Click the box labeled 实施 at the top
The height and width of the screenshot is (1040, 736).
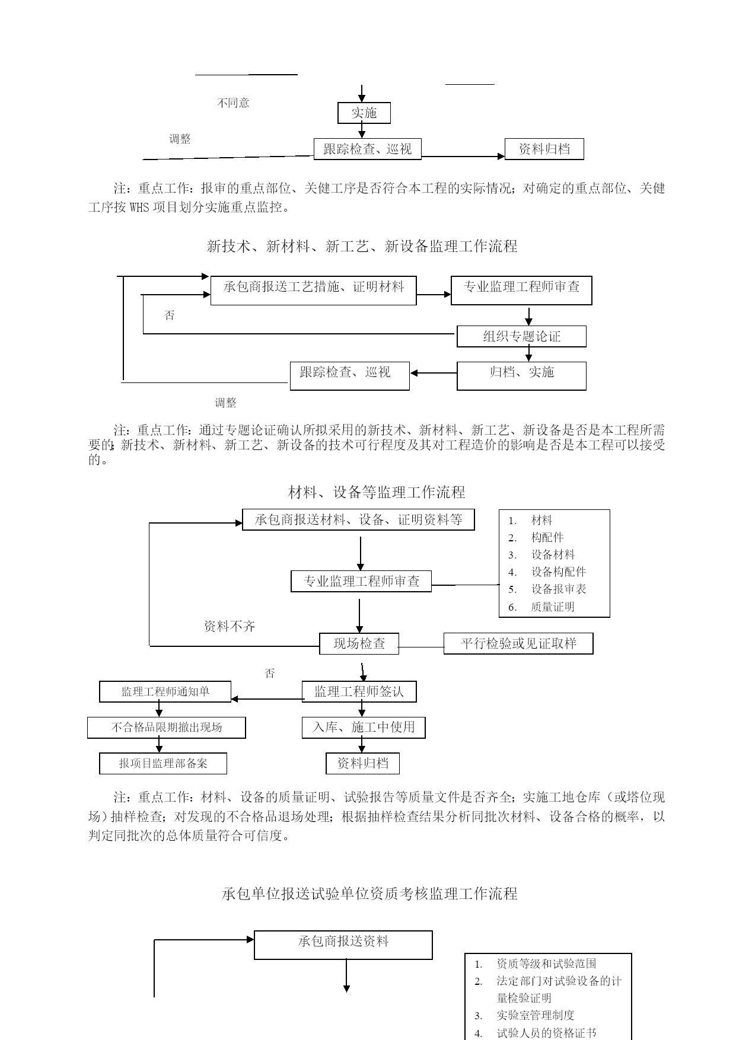tap(364, 113)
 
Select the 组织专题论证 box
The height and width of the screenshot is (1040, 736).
tap(521, 336)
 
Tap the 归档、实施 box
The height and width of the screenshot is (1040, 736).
tap(521, 375)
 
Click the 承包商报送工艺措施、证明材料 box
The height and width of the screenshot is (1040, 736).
tap(313, 291)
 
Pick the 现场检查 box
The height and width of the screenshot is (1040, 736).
tap(359, 643)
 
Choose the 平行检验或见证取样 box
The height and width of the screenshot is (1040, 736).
tap(518, 643)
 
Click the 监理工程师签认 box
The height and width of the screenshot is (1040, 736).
tap(359, 691)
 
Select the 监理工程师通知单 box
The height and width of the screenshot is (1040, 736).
tap(165, 691)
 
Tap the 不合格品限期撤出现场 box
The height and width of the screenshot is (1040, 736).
tap(167, 728)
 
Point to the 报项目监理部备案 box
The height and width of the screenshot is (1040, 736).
tap(163, 763)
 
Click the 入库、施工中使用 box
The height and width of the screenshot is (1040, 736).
tap(364, 728)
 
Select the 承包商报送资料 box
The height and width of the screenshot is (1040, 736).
tap(343, 945)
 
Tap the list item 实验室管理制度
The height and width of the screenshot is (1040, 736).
tap(536, 1015)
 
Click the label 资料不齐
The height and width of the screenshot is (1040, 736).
tap(230, 626)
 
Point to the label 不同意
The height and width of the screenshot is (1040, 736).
tap(233, 103)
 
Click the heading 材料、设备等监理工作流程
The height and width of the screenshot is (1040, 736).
tap(377, 492)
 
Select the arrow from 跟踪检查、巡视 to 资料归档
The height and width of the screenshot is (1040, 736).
tap(463, 157)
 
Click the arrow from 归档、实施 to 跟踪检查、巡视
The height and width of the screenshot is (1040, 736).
tap(434, 373)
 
